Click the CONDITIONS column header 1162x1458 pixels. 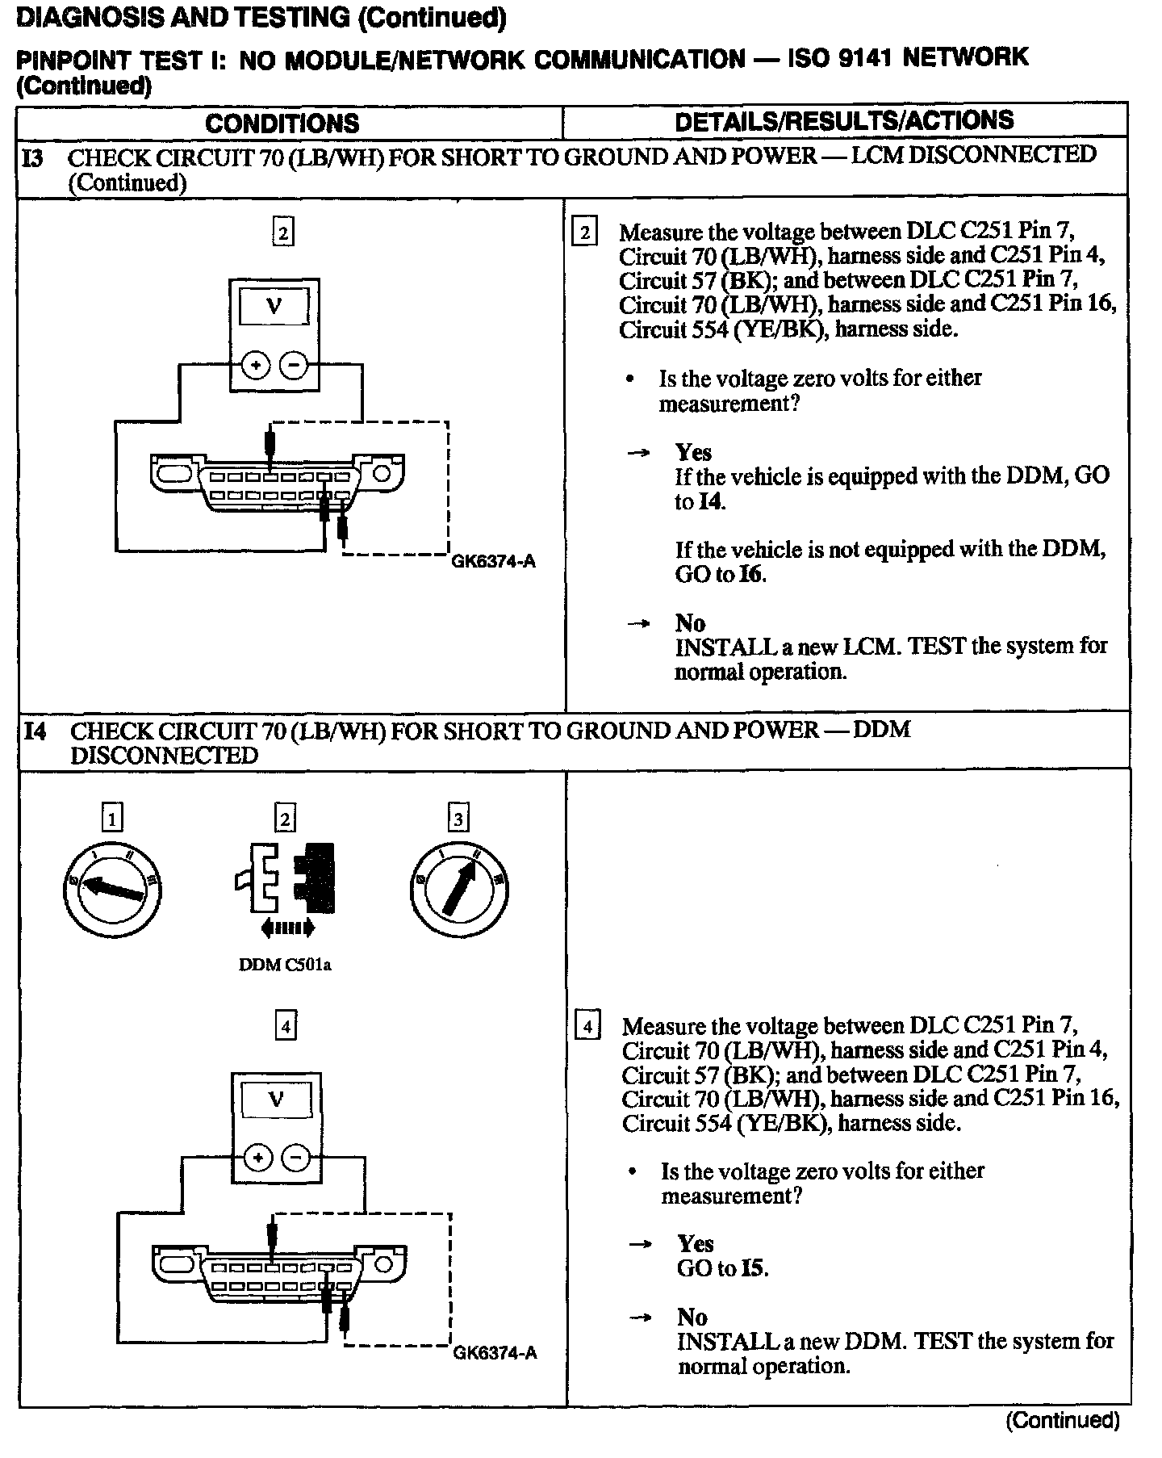282,123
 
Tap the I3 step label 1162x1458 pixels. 34,157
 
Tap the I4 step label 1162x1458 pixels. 36,731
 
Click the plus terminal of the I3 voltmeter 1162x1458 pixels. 257,367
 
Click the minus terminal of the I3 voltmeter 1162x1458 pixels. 294,367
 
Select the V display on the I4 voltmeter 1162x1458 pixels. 276,1100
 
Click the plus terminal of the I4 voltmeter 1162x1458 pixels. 258,1159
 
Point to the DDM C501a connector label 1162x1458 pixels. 285,965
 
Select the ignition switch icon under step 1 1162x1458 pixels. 112,889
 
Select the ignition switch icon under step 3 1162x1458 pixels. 458,889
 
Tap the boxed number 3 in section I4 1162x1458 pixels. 458,819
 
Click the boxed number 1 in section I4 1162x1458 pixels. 111,819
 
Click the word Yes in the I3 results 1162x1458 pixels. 694,452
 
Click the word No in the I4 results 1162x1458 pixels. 692,1318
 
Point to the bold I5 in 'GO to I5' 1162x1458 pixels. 753,1268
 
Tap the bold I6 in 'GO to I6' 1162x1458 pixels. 751,574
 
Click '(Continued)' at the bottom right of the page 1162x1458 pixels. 1062,1420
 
